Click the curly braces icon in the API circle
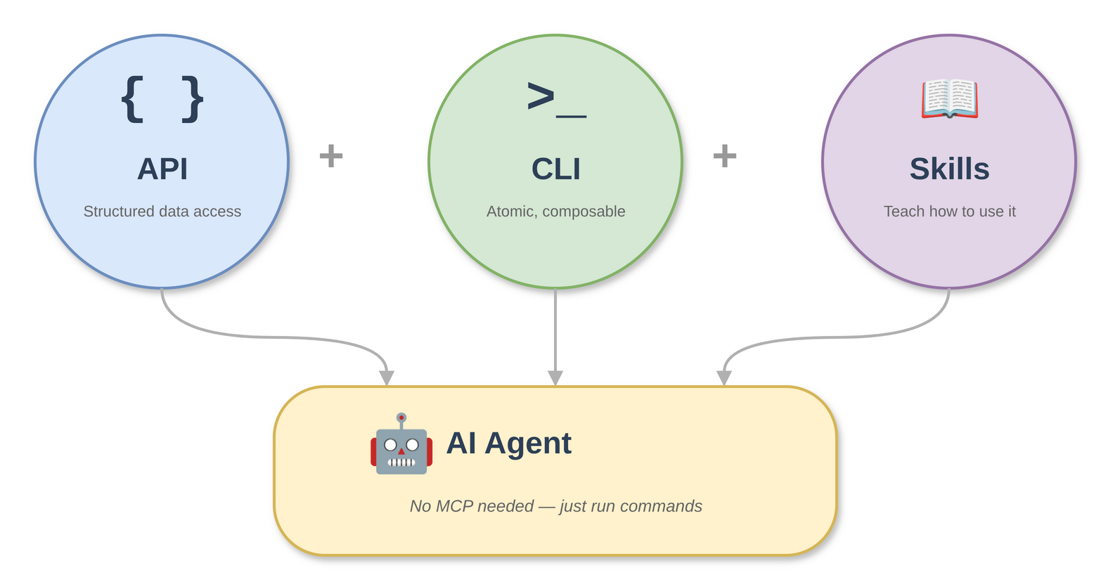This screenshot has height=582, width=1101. point(162,99)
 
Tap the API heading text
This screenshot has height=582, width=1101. point(162,169)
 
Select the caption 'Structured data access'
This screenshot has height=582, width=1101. point(162,212)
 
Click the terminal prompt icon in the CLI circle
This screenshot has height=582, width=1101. point(555,98)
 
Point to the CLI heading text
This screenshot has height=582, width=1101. point(556,169)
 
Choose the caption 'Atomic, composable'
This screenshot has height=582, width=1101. point(556,212)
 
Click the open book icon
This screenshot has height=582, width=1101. point(949,98)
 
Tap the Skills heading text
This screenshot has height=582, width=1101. point(949,169)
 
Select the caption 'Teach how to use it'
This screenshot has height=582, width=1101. point(949,212)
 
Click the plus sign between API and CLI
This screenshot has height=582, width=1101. point(331,155)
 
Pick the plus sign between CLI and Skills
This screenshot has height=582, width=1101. point(725,155)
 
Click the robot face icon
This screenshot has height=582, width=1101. point(401,445)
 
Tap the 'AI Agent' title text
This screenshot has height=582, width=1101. point(509,444)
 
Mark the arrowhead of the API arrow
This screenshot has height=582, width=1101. point(387,378)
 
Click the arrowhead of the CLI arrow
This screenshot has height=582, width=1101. point(555,378)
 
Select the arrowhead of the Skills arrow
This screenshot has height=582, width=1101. point(724,378)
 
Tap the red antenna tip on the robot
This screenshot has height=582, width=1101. point(401,418)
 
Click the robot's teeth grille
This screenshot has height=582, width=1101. point(401,463)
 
